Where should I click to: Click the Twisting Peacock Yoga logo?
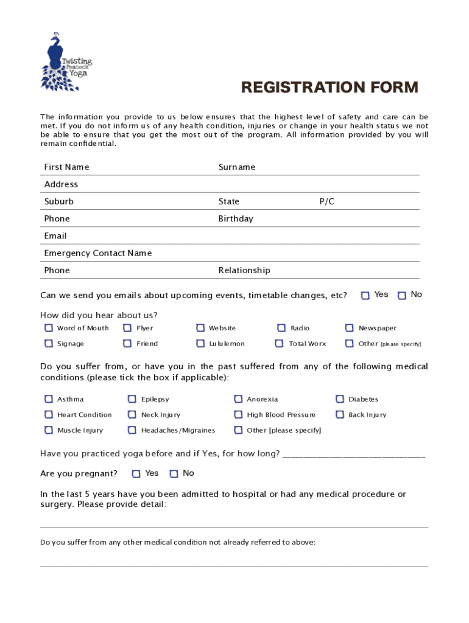point(66,63)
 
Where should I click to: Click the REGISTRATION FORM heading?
point(330,88)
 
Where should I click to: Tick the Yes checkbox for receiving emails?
point(365,296)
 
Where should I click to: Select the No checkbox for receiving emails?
point(402,296)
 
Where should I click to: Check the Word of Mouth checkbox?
point(49,328)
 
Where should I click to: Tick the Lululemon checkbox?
point(200,344)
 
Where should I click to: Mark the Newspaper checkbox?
point(350,328)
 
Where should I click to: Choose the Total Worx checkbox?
point(279,344)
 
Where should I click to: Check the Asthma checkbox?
point(49,399)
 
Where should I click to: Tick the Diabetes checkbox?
point(340,399)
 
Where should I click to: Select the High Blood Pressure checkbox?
point(238,415)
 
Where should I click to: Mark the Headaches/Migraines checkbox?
point(132,431)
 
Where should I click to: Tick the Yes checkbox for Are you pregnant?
point(136,474)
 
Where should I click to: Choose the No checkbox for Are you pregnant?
point(174,474)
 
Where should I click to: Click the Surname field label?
point(237,167)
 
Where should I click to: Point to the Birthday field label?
point(236,219)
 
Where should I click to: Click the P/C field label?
point(326,202)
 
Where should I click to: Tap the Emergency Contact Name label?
point(98,253)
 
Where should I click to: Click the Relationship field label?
point(244,271)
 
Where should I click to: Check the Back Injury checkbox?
point(340,415)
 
